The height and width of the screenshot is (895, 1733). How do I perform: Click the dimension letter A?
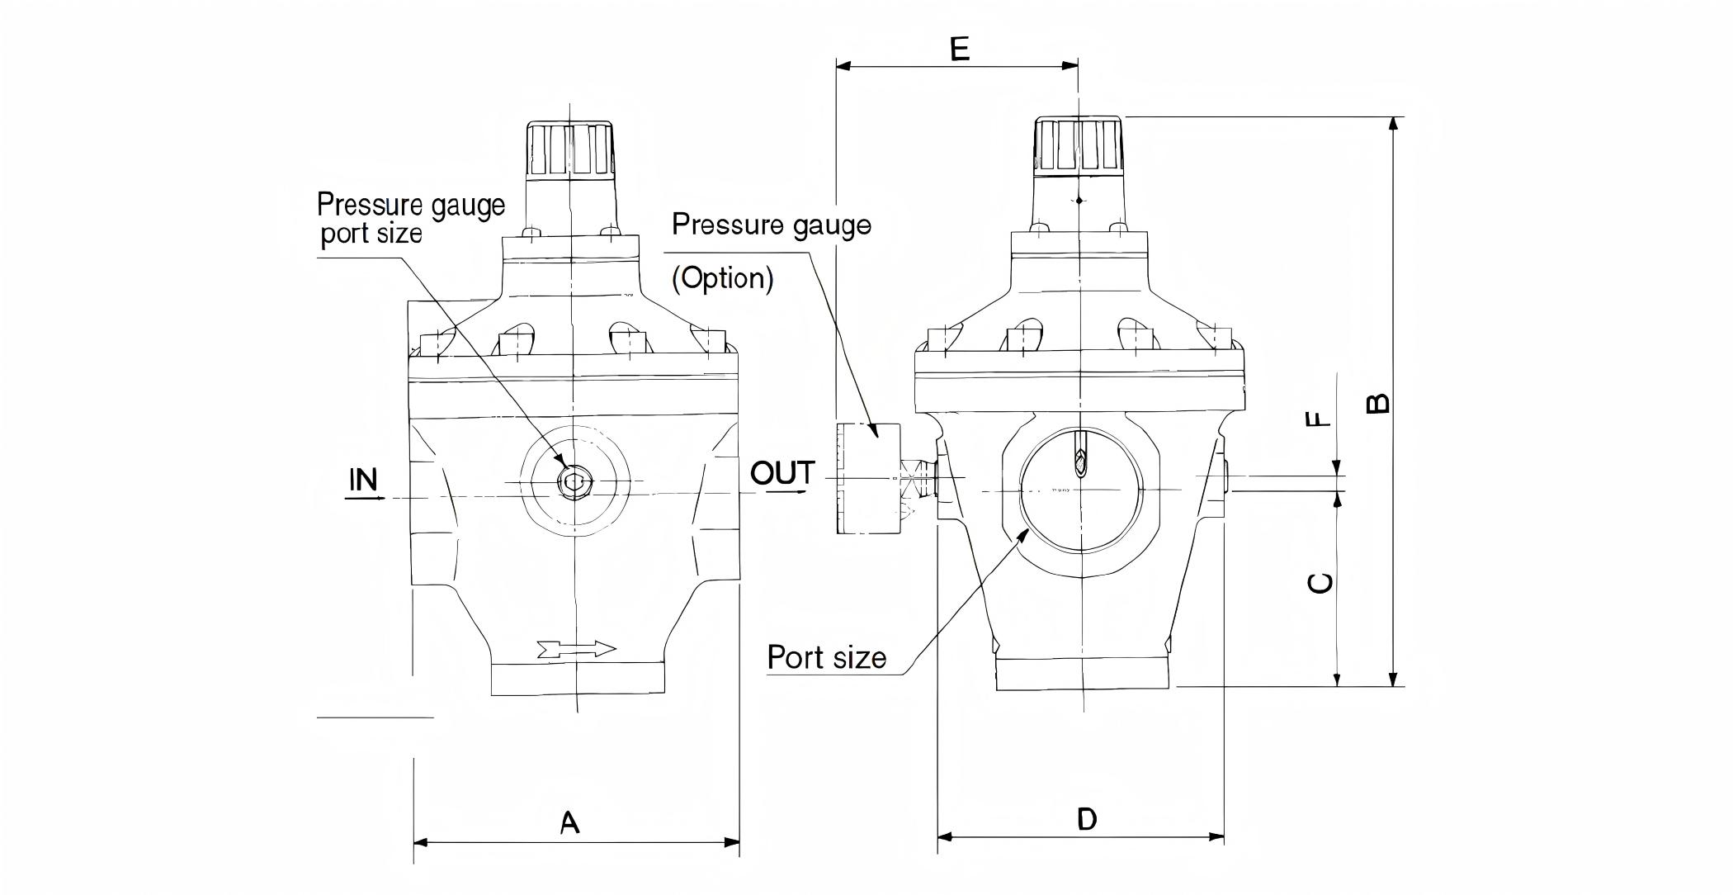569,822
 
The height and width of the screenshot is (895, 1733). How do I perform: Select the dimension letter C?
1320,583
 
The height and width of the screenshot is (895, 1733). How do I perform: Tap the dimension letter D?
1087,819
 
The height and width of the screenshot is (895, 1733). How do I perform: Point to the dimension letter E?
959,50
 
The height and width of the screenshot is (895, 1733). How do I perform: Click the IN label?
363,480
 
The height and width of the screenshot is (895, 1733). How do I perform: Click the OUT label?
782,474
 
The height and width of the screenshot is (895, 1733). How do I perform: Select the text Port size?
826,657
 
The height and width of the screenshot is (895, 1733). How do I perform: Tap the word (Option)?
723,278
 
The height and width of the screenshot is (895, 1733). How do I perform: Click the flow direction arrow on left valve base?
576,649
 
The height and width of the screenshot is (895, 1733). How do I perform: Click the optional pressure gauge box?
868,479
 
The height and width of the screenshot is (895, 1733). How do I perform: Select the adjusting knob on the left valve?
570,150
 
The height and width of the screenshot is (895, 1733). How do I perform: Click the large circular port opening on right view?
1081,490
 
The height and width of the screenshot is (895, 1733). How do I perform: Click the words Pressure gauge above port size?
410,204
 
